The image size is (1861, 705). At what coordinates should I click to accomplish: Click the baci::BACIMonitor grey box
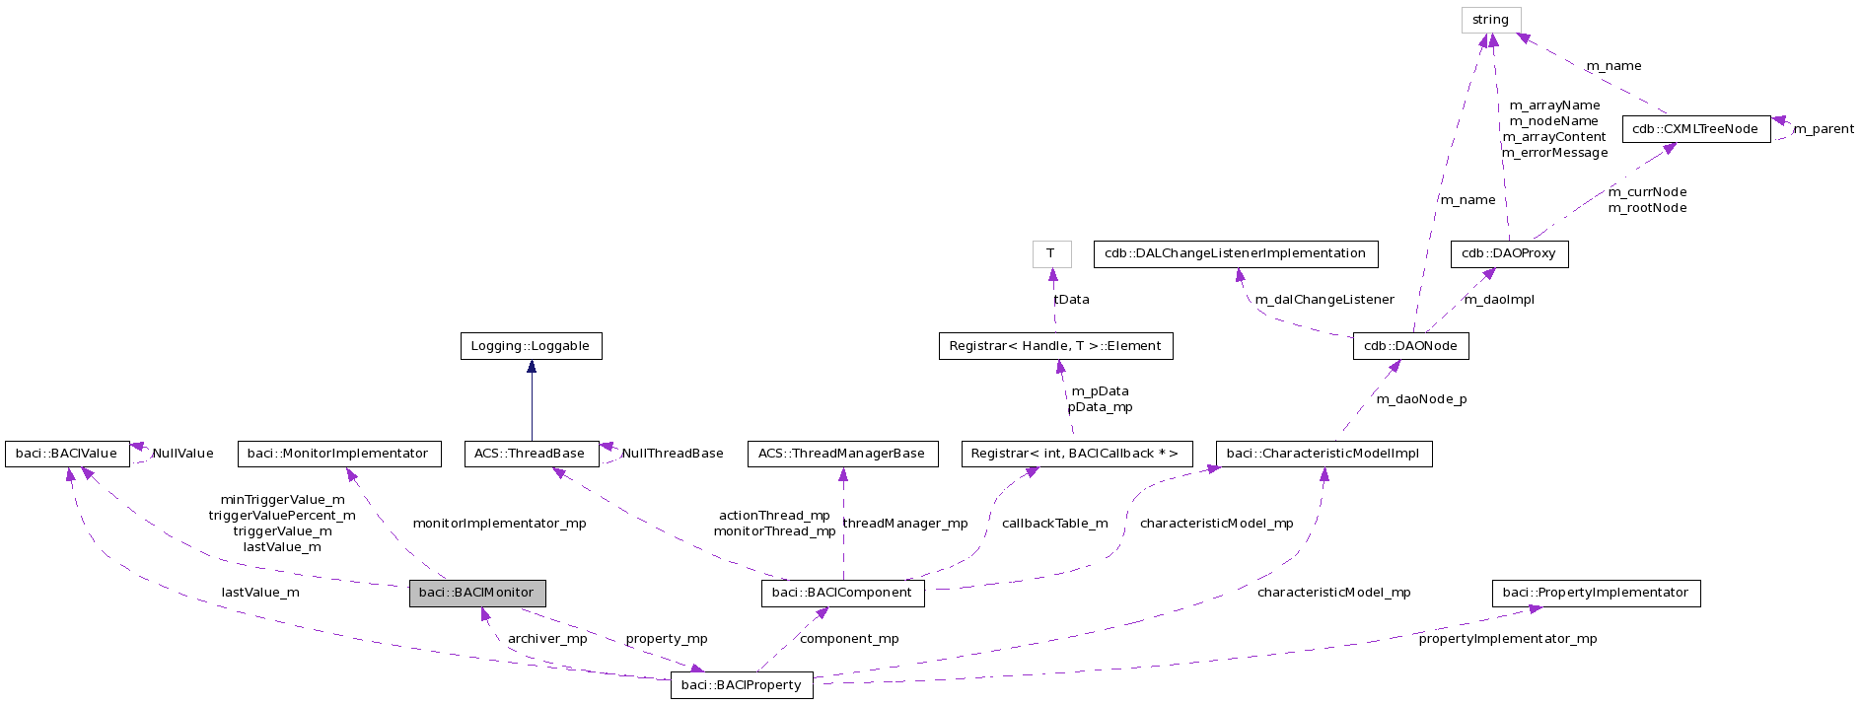(x=477, y=593)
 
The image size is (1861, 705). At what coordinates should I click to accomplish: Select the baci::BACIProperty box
(x=742, y=685)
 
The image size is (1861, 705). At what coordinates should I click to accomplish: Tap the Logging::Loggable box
(x=531, y=346)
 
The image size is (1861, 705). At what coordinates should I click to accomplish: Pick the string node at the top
(x=1490, y=20)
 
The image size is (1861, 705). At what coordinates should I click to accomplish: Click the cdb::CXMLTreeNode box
(x=1695, y=129)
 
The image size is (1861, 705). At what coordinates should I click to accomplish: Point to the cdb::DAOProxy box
(x=1509, y=253)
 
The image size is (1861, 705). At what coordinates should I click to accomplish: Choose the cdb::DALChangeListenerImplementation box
(x=1235, y=253)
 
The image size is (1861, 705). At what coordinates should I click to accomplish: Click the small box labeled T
(x=1051, y=253)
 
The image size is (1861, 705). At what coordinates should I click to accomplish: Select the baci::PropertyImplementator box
(x=1596, y=593)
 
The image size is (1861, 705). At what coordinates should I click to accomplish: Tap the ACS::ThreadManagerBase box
(x=842, y=454)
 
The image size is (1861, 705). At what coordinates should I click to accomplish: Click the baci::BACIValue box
(x=67, y=454)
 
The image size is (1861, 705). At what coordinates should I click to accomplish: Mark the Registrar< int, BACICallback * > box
(x=1076, y=454)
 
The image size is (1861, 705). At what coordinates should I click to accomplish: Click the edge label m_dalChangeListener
(x=1324, y=300)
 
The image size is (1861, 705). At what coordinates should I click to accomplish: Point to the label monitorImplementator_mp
(x=499, y=524)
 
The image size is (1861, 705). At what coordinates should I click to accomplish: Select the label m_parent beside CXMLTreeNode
(x=1823, y=129)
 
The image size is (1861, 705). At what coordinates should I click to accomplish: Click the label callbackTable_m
(x=1054, y=524)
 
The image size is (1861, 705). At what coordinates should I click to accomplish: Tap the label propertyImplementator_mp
(x=1507, y=639)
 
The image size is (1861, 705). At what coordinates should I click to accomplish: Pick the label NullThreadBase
(x=673, y=454)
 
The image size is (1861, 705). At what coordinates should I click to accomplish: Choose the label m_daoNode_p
(x=1421, y=399)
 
